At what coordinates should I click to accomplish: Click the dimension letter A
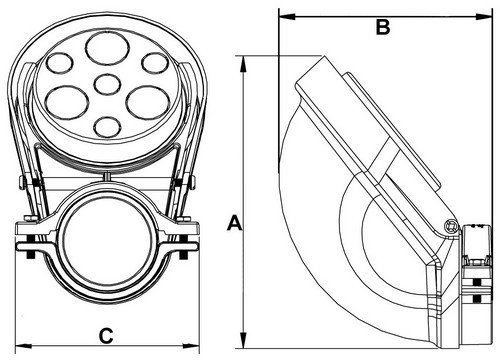[235, 223]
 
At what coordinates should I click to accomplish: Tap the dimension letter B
[383, 27]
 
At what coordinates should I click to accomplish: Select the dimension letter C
[106, 335]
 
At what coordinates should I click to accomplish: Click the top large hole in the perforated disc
[107, 49]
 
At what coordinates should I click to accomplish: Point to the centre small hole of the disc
[107, 84]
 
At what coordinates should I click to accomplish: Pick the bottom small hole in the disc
[107, 127]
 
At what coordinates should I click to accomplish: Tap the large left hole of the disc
[67, 102]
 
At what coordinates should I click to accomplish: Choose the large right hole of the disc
[148, 102]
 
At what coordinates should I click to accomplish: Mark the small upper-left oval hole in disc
[59, 63]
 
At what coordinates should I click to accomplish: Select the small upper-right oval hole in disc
[155, 63]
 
